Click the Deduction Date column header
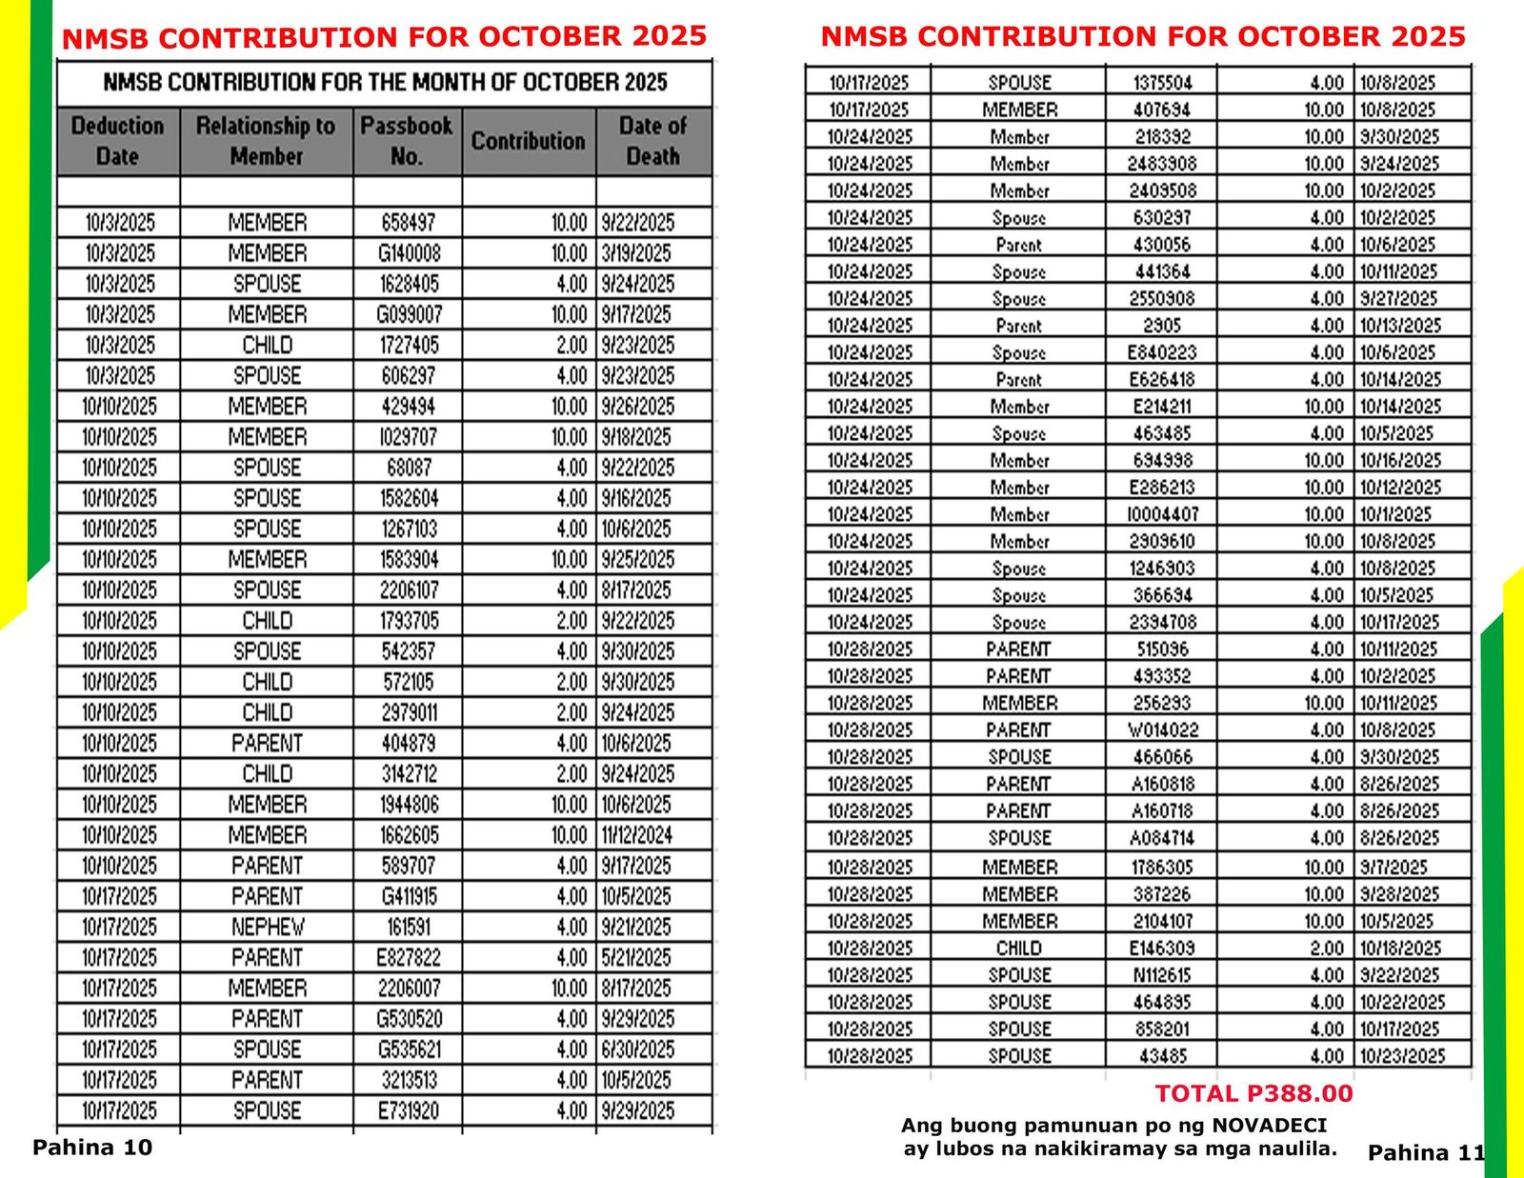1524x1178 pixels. point(117,141)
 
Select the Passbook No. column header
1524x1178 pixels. point(407,141)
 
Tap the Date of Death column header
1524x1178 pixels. point(652,141)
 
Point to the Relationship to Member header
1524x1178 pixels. point(266,141)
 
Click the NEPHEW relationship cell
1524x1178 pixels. point(268,927)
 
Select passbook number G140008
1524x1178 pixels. point(409,253)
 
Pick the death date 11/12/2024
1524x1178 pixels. point(636,835)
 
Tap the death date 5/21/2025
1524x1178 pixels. point(636,957)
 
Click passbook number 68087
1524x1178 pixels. point(409,468)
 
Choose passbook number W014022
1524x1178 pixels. point(1162,730)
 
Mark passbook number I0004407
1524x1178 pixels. point(1162,514)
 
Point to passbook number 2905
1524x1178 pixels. point(1162,326)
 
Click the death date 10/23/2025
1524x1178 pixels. point(1401,1056)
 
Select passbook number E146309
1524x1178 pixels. point(1162,948)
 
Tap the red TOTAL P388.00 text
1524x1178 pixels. point(1253,1094)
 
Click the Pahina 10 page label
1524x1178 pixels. point(92,1148)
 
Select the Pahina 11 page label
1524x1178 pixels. point(1425,1153)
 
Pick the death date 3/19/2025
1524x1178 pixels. point(636,253)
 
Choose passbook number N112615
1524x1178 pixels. point(1162,975)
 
